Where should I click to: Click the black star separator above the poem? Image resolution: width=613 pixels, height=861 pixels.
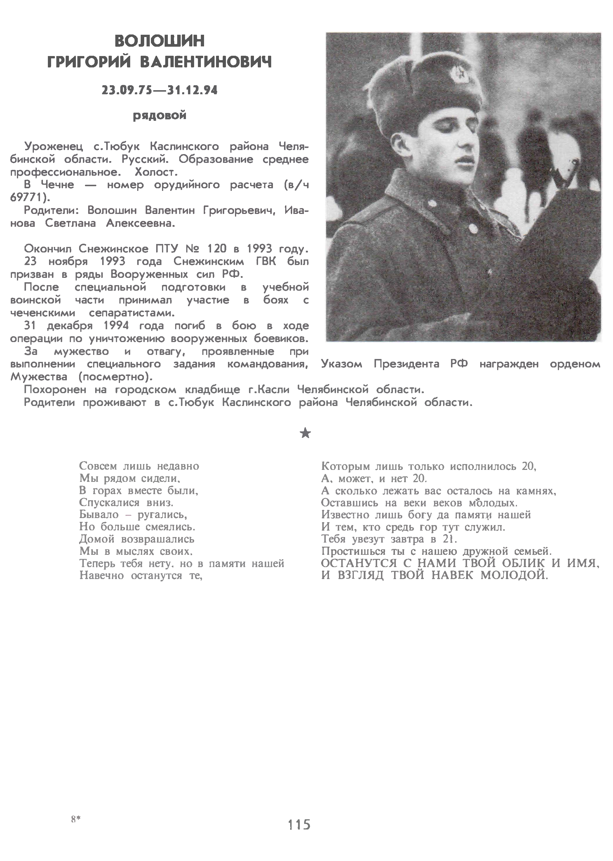tap(305, 433)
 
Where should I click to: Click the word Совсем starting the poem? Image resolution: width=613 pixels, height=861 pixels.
tap(98, 466)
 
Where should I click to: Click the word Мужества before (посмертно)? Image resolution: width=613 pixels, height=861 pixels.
tap(39, 377)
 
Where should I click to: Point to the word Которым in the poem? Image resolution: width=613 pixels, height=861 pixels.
tap(345, 466)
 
